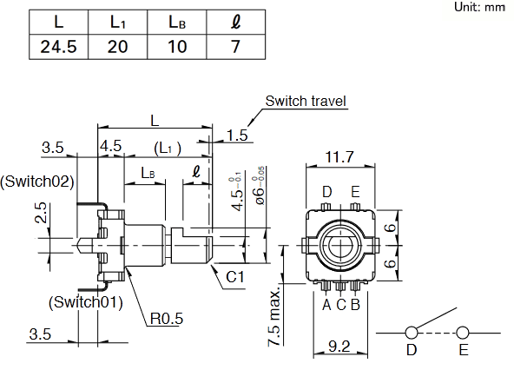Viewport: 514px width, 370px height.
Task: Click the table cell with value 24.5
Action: (x=59, y=47)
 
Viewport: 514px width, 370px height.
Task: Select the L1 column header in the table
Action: (x=118, y=23)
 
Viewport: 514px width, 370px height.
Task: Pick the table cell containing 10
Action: (x=177, y=47)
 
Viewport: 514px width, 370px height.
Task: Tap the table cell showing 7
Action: (x=235, y=47)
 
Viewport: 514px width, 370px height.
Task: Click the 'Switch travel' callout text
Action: (x=306, y=101)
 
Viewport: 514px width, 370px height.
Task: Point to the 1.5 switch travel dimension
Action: (x=237, y=135)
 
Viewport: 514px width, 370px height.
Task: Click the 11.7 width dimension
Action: (x=339, y=157)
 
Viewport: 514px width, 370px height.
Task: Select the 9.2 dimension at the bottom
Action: (x=339, y=347)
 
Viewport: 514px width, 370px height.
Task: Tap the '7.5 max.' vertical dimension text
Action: (x=275, y=316)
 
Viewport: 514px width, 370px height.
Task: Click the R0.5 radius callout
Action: (x=167, y=318)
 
